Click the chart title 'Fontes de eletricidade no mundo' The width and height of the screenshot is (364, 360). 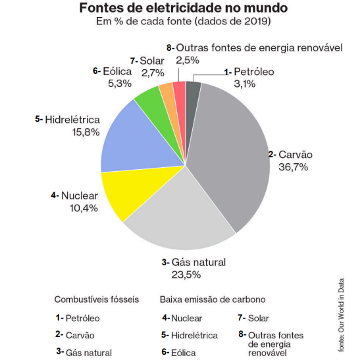coord(174,9)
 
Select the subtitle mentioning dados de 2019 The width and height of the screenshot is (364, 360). coord(174,22)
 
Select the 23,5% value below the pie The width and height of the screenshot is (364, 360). coord(185,274)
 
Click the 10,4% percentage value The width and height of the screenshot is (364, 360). coord(84,208)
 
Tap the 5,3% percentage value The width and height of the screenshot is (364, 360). coord(120,84)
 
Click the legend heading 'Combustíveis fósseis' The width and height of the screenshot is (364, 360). coord(97,299)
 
